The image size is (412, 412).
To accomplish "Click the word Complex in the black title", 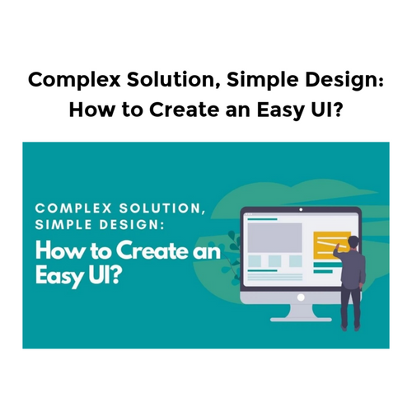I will [x=68, y=82].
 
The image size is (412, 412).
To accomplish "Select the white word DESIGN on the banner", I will [x=139, y=226].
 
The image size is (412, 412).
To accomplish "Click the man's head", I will [x=353, y=241].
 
